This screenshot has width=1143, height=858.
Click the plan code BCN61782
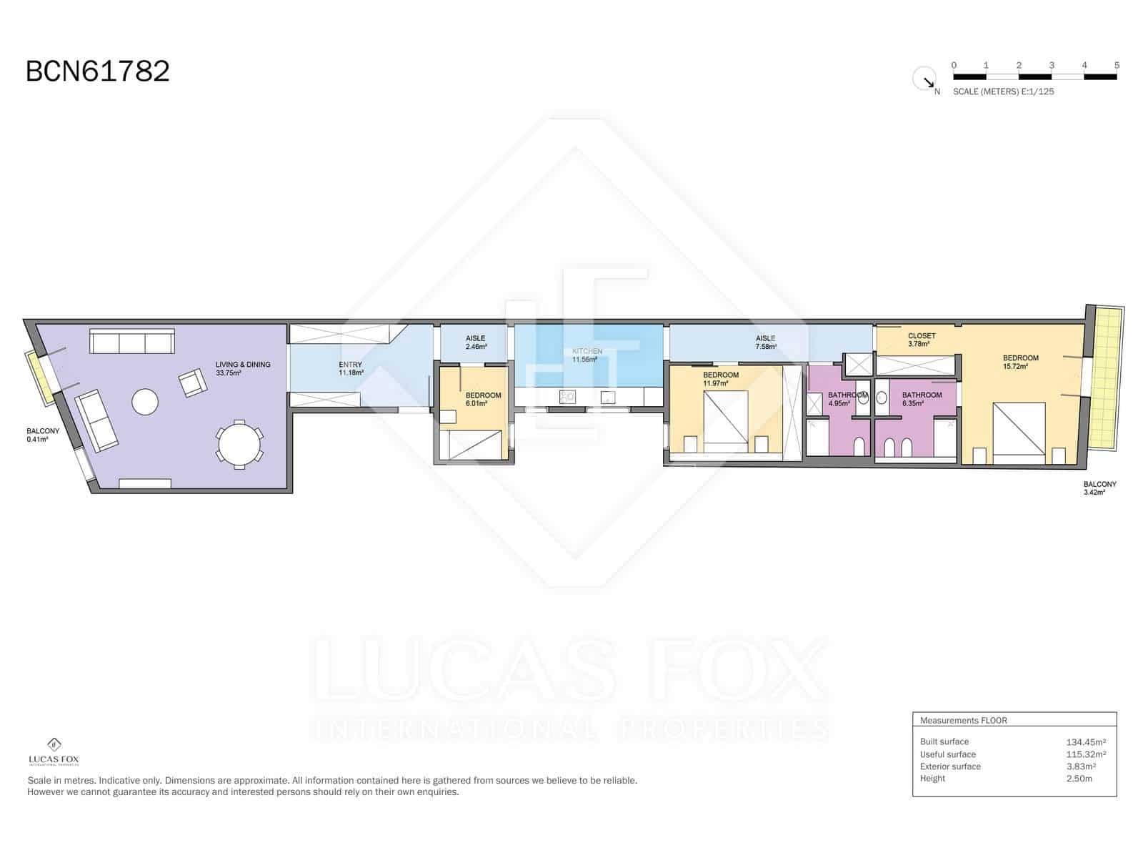[98, 71]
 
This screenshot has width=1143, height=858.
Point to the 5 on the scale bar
[1117, 65]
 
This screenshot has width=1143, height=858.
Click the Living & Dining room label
[243, 368]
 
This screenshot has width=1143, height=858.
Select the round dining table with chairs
[239, 445]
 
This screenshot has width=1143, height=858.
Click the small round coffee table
[145, 402]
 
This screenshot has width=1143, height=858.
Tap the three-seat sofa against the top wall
[131, 342]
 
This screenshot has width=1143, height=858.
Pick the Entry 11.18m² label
[350, 368]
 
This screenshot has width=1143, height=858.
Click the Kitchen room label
[587, 355]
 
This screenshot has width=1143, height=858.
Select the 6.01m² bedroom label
[483, 399]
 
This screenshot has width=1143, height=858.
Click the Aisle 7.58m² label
[765, 342]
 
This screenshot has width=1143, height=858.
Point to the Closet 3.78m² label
[921, 340]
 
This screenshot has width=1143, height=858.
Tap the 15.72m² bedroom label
[1019, 362]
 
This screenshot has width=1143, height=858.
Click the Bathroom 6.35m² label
[922, 399]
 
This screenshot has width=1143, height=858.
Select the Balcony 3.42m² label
[1099, 488]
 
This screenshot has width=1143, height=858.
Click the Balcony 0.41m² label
[42, 435]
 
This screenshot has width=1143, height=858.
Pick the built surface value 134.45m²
[1086, 742]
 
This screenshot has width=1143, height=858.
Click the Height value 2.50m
[1079, 779]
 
